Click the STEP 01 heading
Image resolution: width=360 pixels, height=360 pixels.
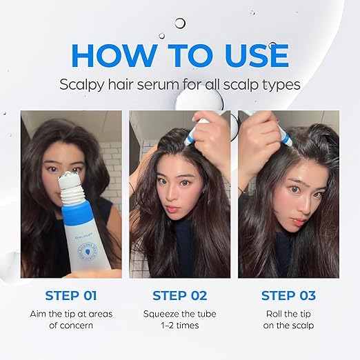[71, 296]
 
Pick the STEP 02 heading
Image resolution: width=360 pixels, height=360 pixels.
[179, 296]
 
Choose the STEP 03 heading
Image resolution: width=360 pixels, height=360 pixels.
[288, 296]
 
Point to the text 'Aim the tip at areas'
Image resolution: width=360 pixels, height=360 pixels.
[71, 314]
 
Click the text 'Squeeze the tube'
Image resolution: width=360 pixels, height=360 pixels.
[179, 314]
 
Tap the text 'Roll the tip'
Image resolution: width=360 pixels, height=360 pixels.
[288, 314]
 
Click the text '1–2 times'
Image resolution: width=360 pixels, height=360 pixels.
[179, 326]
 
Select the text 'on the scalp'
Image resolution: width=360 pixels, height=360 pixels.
[288, 326]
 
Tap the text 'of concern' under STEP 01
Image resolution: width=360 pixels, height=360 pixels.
[71, 326]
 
